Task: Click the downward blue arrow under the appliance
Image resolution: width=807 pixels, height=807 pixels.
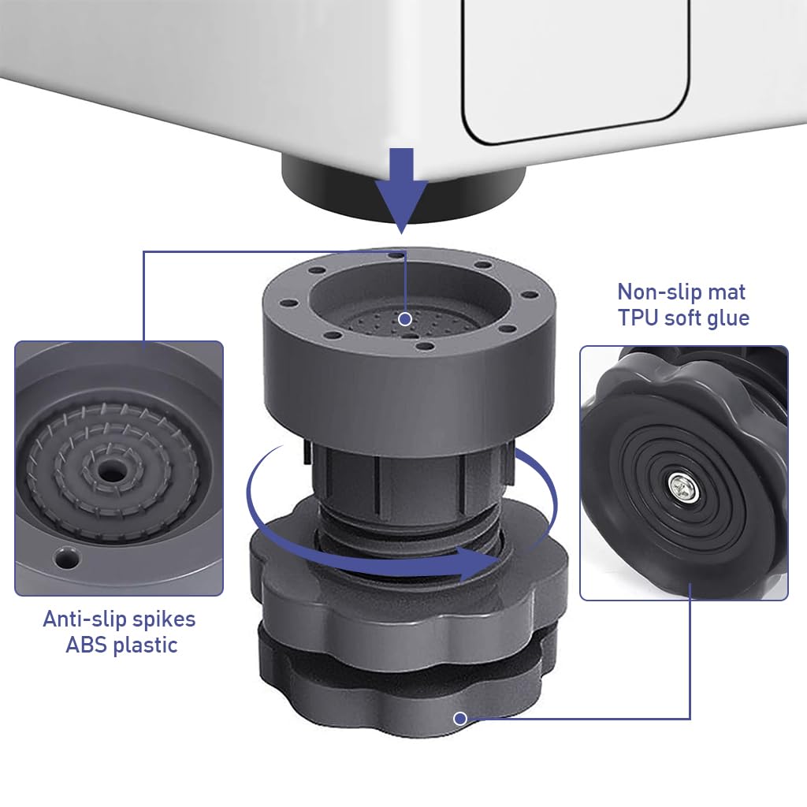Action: [x=401, y=189]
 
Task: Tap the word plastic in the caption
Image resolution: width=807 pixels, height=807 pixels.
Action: [x=145, y=645]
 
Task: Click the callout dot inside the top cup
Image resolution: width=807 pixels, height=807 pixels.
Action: [x=404, y=319]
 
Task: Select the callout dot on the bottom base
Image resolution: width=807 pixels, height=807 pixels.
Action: [x=460, y=718]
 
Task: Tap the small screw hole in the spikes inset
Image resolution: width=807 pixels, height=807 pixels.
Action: [x=64, y=559]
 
